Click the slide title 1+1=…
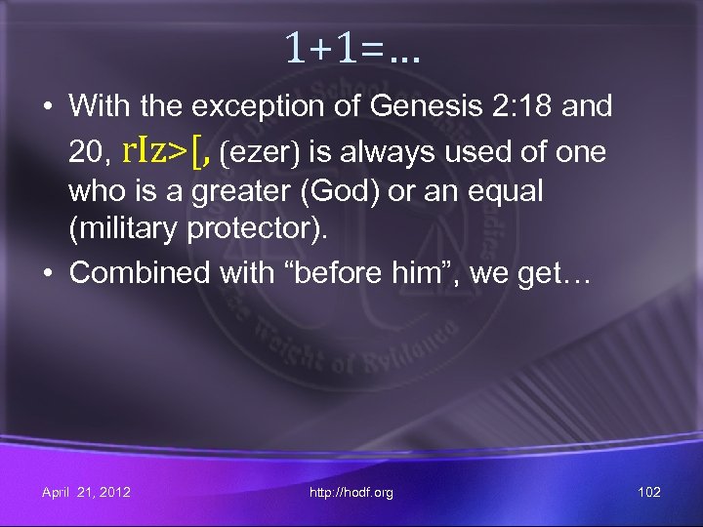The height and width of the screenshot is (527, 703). (x=352, y=46)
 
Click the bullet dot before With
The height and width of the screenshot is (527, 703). (x=48, y=105)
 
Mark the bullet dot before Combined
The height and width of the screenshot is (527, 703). (x=48, y=272)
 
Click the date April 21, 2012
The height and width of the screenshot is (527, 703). (x=86, y=492)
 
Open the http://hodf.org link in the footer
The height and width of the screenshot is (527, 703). (x=351, y=492)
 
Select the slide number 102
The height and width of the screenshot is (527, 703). (x=648, y=492)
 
